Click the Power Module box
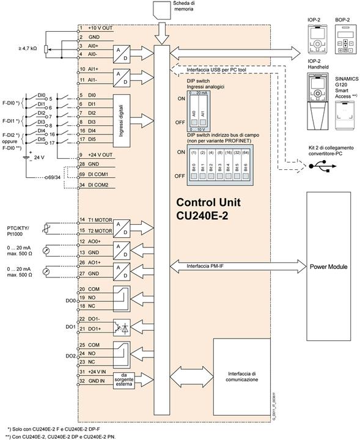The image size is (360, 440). pyautogui.click(x=328, y=266)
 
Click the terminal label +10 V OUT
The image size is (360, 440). pyautogui.click(x=97, y=29)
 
